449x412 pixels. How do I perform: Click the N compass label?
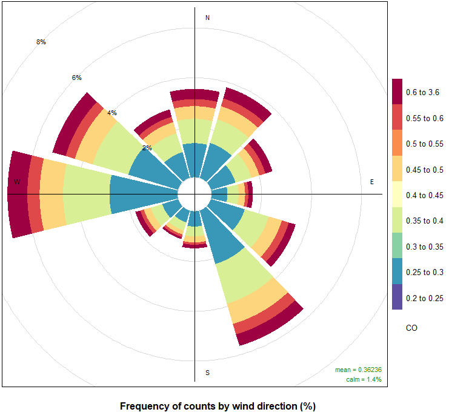[208, 18]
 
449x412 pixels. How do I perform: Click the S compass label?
[208, 372]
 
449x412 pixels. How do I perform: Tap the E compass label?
[372, 182]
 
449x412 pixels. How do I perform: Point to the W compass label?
[17, 182]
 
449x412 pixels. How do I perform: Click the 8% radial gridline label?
[41, 42]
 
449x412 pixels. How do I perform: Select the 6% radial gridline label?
[76, 78]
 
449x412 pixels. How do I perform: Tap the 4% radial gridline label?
[112, 113]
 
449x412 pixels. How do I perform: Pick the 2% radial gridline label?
[147, 148]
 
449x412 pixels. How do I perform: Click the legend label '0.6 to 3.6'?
[423, 93]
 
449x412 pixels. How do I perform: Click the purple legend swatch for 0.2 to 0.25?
[397, 297]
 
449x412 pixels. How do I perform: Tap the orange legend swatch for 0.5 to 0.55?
[397, 144]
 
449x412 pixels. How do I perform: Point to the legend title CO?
[411, 328]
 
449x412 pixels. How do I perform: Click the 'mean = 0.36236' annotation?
[358, 370]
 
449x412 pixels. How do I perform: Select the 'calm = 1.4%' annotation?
[363, 379]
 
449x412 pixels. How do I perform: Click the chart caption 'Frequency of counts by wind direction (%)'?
[218, 406]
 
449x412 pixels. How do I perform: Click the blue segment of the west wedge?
[142, 194]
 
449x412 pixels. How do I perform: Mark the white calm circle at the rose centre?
[194, 194]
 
